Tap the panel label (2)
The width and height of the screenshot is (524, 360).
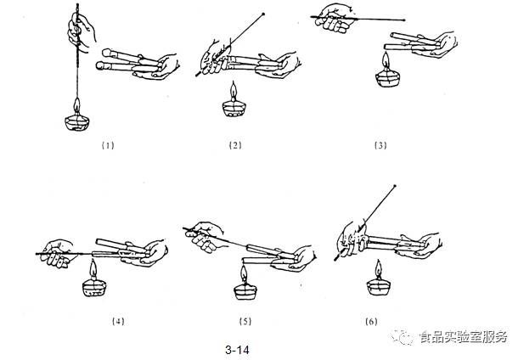tap(235, 144)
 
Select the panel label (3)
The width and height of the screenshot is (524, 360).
tap(380, 144)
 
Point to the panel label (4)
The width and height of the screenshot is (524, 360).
tap(118, 321)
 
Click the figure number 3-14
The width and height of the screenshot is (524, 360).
tap(237, 348)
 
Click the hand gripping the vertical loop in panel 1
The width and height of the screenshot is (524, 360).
tap(82, 32)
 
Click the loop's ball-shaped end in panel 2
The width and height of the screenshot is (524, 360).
tap(265, 14)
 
